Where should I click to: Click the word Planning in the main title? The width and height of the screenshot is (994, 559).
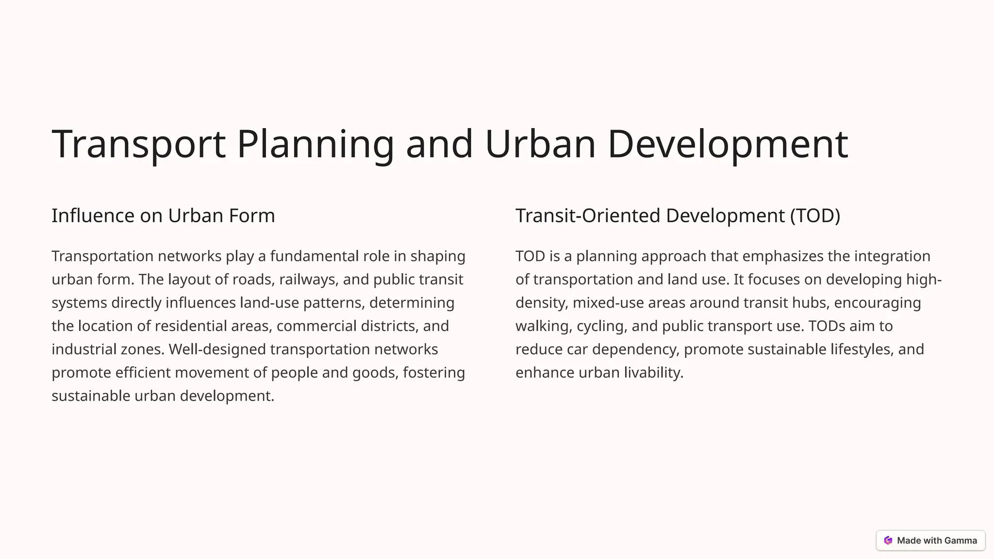[315, 144]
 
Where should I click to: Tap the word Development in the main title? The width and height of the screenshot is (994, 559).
[727, 144]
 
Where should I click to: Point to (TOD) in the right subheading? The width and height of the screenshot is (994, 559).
[815, 215]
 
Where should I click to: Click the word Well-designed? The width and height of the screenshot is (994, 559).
[217, 349]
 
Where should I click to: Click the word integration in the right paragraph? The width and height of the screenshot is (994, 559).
[892, 256]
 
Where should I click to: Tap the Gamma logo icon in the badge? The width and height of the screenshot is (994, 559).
[888, 541]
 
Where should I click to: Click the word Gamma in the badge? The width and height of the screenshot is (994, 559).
[961, 541]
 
